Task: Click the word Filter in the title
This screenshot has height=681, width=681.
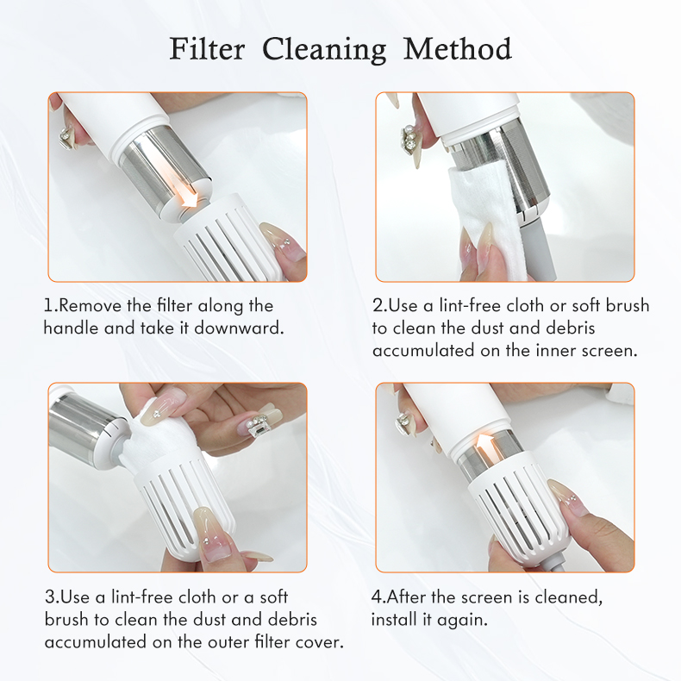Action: (207, 48)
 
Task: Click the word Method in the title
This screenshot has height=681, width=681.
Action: (457, 48)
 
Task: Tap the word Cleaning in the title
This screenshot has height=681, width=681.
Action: (324, 49)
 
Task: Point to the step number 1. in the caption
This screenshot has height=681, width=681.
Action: (51, 306)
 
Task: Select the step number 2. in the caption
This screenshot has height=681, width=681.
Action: (380, 306)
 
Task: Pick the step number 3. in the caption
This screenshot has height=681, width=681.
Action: (51, 597)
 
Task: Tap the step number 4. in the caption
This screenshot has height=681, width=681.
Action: (378, 597)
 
